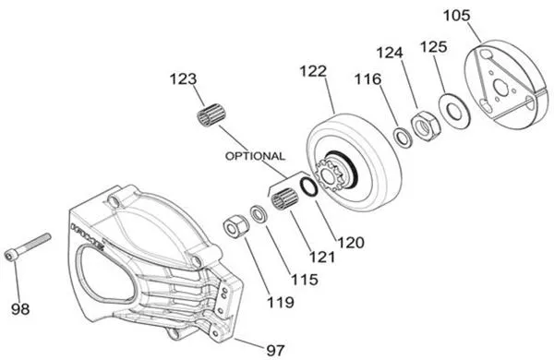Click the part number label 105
tap(481, 16)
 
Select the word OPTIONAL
tap(254, 156)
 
